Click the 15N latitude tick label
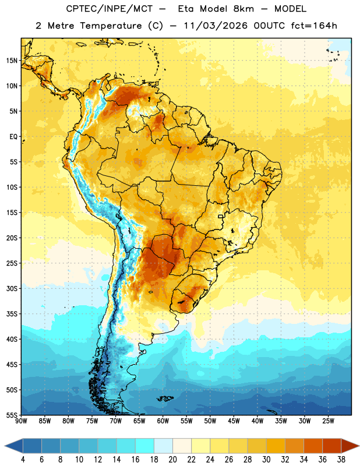pos(12,61)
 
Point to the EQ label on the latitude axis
pos(13,137)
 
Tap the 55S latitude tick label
pos(12,415)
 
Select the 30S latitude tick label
pos(12,288)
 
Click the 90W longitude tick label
pos(21,421)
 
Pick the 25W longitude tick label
pos(328,421)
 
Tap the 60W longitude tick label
pos(163,421)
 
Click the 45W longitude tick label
pos(234,421)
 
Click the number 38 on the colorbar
pos(341,460)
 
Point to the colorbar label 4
pos(23,460)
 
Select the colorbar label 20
pos(172,460)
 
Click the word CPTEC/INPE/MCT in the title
pos(109,9)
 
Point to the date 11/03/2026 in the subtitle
pos(216,26)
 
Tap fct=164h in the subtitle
pos(314,26)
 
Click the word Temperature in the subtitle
pos(111,26)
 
